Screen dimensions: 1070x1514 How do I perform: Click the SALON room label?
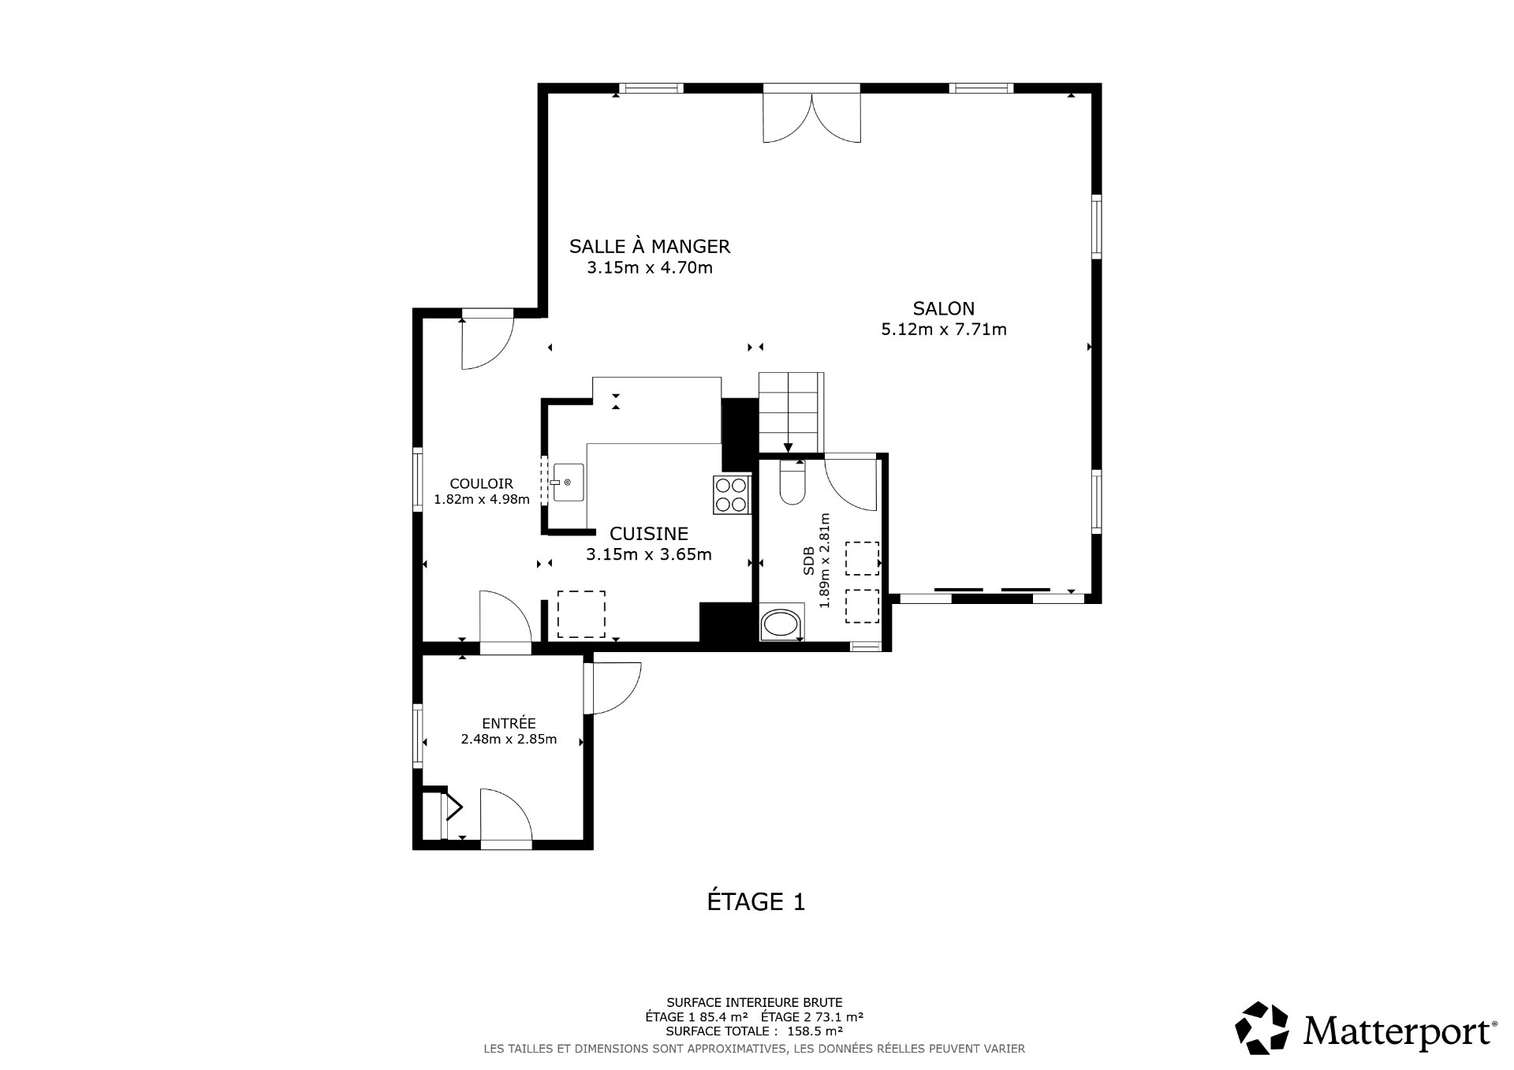(x=943, y=309)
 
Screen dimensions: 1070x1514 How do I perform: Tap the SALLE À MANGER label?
(x=650, y=247)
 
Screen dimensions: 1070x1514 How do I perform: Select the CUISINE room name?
(x=649, y=534)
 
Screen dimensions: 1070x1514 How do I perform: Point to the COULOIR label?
(x=481, y=484)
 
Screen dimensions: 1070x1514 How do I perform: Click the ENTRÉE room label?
(x=509, y=723)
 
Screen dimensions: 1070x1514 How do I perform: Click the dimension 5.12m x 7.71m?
(x=943, y=330)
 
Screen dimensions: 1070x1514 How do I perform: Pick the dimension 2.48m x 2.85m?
(x=509, y=740)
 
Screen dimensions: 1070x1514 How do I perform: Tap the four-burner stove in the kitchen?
(x=731, y=495)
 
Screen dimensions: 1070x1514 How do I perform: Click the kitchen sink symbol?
(x=568, y=482)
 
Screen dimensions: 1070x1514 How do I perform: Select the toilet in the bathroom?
(x=791, y=483)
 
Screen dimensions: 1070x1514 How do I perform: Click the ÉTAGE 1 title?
(x=755, y=902)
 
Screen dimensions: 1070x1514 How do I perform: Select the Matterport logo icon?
(x=1261, y=1027)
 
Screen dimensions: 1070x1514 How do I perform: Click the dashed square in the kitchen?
(x=581, y=614)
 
